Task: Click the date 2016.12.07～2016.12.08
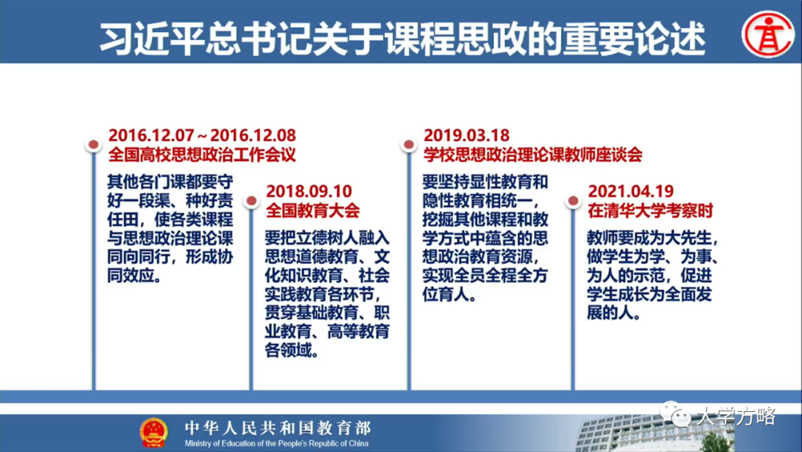pos(202,135)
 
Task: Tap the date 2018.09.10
pos(310,190)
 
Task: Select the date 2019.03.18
pos(466,135)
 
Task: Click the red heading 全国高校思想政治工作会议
pos(202,155)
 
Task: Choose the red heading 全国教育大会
pos(313,210)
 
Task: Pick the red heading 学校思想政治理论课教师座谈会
pos(532,155)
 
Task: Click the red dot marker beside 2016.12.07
pos(93,145)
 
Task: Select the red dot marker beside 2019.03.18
pos(408,145)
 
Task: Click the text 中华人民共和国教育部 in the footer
pos(277,427)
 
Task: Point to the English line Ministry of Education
pos(277,443)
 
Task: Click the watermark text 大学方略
pos(735,416)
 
